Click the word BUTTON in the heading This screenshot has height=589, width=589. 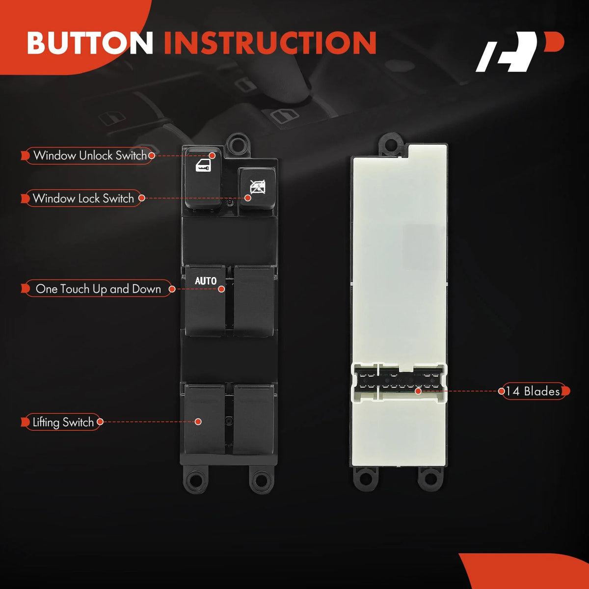[90, 43]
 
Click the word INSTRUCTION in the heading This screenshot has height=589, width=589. [270, 43]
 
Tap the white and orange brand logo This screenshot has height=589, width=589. [520, 52]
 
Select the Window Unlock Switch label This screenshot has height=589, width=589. [90, 156]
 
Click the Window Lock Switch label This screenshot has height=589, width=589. [83, 198]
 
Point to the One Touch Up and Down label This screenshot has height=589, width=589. [98, 289]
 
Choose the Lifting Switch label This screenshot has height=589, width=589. [63, 423]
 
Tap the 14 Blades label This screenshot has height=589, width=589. [533, 392]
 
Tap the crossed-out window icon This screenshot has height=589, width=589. [258, 187]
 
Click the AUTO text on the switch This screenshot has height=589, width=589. [206, 281]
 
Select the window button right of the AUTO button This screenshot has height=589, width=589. [254, 301]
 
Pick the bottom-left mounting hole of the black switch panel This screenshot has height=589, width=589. [194, 479]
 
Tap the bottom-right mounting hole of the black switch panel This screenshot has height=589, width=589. [261, 479]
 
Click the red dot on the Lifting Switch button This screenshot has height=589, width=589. [198, 422]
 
